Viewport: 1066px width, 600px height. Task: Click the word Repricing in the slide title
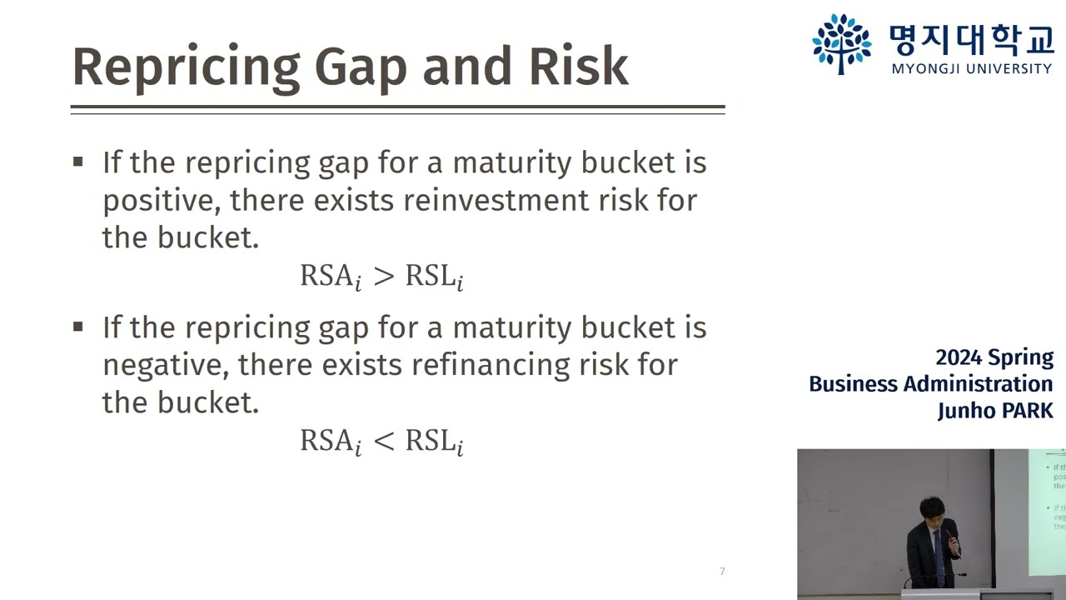pos(186,67)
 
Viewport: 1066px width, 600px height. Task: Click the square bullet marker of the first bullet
pos(78,162)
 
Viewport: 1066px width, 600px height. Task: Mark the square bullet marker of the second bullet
pos(78,327)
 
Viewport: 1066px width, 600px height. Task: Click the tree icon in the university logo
pos(841,42)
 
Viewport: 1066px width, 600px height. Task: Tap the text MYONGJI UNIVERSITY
pos(971,68)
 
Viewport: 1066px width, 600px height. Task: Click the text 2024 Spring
pos(994,357)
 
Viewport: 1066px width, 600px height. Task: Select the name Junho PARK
pos(994,410)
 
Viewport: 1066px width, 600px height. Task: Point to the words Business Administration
pos(930,383)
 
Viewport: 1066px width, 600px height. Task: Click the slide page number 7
pos(722,571)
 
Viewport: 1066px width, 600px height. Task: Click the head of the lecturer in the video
pos(931,508)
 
